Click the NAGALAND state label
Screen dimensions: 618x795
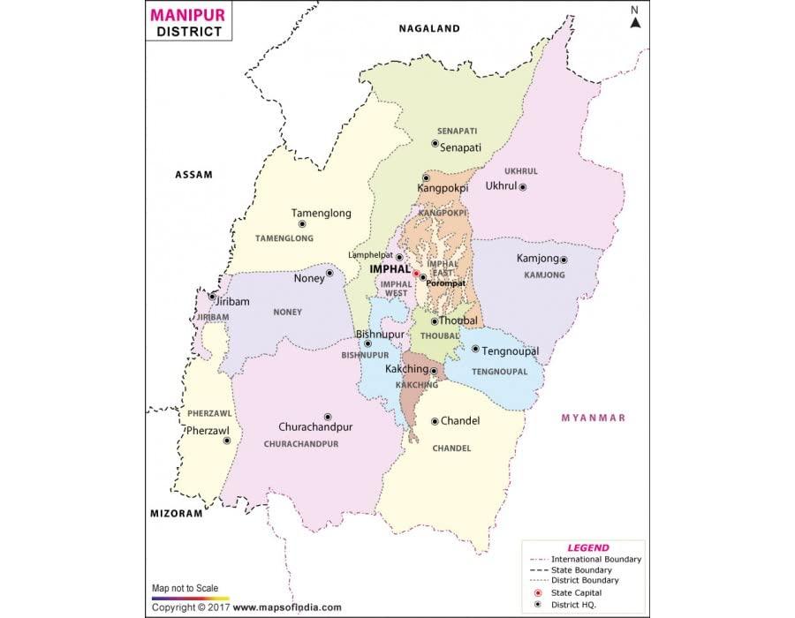tap(429, 28)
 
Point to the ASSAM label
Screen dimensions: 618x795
tap(193, 175)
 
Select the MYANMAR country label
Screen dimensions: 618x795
tap(593, 418)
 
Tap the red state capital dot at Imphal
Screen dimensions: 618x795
tap(416, 274)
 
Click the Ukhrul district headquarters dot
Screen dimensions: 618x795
tap(523, 187)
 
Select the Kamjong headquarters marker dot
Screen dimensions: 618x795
tap(564, 260)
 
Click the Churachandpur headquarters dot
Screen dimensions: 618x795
tap(327, 417)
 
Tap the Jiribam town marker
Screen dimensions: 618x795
tap(213, 297)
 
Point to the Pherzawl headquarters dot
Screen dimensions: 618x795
tap(227, 440)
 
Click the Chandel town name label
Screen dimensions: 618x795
tap(460, 421)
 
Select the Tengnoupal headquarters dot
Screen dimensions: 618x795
tap(475, 349)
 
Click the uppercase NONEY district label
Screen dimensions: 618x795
tap(287, 312)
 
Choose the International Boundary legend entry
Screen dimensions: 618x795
tap(595, 560)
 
